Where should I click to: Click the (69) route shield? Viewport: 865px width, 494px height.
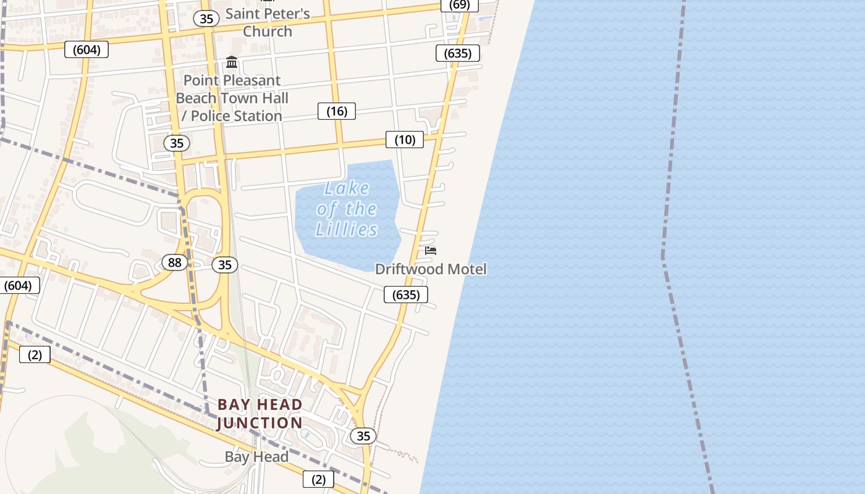pos(459,5)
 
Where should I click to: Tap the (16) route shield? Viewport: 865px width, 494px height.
pos(337,111)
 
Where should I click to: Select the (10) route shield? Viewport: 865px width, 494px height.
pos(405,140)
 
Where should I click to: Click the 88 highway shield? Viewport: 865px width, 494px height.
pos(175,263)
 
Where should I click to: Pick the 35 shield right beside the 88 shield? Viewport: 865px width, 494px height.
pos(225,265)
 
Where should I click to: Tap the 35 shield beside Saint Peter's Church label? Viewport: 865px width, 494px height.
pos(206,19)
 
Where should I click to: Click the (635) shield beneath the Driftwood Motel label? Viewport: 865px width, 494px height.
pos(406,295)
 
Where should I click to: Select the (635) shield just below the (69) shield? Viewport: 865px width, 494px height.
pos(458,53)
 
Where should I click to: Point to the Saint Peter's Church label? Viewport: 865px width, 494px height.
pos(267,22)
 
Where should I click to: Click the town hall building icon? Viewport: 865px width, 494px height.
pos(232,62)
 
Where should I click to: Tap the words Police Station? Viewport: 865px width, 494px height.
pos(236,116)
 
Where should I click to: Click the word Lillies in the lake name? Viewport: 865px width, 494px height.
pos(347,230)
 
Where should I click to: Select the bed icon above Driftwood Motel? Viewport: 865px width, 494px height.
pos(431,251)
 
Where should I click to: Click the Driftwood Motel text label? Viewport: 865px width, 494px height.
pos(431,269)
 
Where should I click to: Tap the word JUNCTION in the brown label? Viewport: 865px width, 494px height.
pos(260,423)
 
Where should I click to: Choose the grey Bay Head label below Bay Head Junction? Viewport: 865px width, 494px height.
pos(256,457)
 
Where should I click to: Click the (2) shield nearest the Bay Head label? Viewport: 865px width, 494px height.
pos(318,479)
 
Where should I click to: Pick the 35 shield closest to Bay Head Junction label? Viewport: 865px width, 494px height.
pos(363,436)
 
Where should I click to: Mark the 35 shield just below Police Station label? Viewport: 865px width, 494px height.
pos(177,143)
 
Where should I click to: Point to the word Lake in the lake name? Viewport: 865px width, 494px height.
pos(347,188)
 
